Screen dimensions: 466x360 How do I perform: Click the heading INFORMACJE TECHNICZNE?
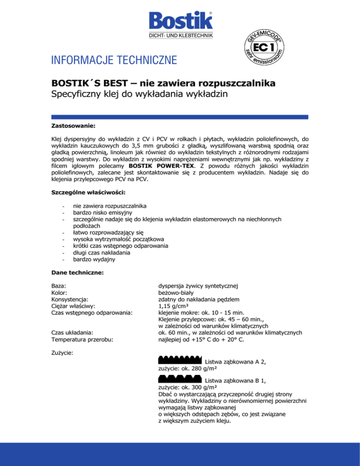114,60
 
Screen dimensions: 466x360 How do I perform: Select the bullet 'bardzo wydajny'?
90,258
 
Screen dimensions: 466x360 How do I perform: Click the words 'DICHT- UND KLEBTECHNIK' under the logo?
180,35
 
